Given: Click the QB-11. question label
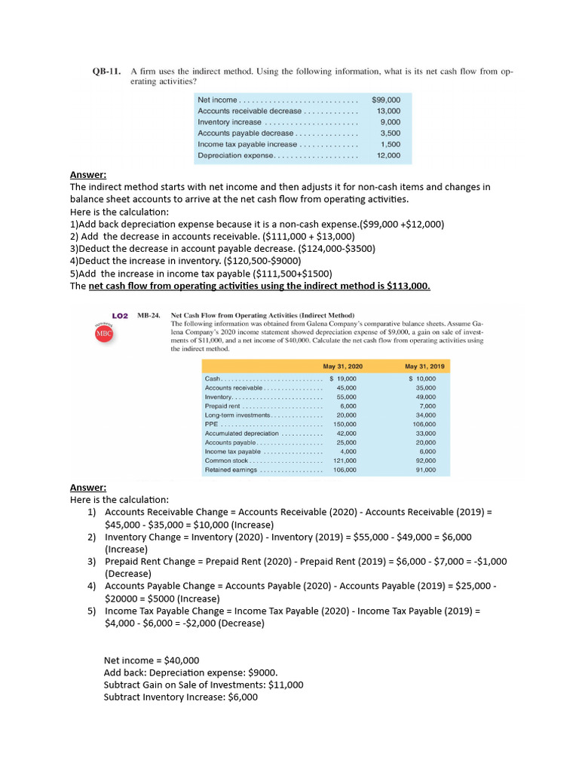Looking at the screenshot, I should (106, 72).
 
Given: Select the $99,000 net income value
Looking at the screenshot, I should (386, 100).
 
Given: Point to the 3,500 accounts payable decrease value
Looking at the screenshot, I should (390, 133).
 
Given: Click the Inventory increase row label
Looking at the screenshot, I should (229, 122).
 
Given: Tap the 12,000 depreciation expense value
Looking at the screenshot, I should (388, 155).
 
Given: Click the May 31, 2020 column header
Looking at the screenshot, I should (342, 366).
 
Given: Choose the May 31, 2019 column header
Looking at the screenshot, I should (426, 366).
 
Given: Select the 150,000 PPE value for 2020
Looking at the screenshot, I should (345, 424).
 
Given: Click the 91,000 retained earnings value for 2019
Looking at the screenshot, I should (425, 470).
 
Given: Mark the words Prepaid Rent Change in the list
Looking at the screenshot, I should (153, 561).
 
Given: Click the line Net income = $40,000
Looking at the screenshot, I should (152, 660).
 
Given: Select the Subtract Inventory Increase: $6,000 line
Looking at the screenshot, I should (180, 697).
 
